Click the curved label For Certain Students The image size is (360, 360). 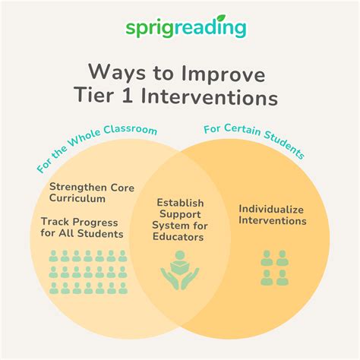(254, 141)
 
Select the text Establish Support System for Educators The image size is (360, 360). (180, 220)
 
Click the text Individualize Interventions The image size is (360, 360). (273, 214)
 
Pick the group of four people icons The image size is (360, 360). (274, 267)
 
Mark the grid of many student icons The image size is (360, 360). (86, 271)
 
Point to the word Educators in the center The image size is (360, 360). (180, 238)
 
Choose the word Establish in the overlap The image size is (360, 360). (180, 203)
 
